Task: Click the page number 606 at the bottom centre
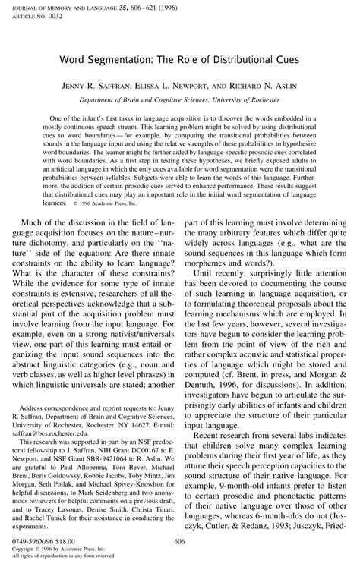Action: [x=180, y=541]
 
